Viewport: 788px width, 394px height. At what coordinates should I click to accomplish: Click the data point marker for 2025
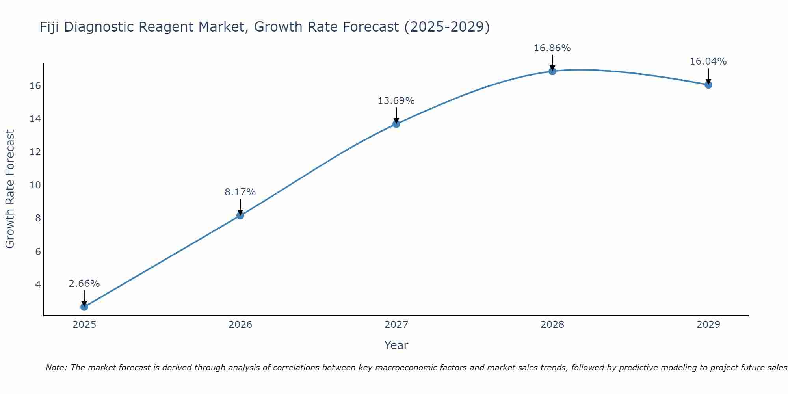tap(84, 307)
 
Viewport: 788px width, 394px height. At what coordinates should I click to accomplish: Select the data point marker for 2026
tap(240, 215)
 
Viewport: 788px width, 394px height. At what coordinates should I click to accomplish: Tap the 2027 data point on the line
tap(396, 124)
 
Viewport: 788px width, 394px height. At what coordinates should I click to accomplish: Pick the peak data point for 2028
tap(552, 71)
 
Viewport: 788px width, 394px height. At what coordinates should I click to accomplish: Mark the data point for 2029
tap(708, 85)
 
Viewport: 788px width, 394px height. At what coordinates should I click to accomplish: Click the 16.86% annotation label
tap(552, 48)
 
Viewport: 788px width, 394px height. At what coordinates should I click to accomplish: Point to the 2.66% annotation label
tap(84, 284)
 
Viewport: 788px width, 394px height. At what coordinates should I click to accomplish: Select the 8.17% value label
tap(240, 192)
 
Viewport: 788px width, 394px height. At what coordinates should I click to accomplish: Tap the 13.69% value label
tap(396, 101)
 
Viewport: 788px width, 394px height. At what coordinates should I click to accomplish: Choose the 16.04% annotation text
tap(708, 61)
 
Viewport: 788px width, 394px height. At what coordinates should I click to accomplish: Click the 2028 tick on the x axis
tap(552, 325)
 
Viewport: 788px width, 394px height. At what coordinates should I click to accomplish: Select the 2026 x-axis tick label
tap(240, 325)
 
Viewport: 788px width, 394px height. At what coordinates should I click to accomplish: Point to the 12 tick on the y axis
tap(35, 152)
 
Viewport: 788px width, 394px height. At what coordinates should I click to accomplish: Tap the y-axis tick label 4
tap(38, 284)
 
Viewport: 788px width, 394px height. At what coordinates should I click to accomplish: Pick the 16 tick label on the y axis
tap(35, 86)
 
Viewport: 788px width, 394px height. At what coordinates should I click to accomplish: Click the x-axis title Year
tap(396, 345)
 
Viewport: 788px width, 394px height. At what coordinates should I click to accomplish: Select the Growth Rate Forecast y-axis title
tap(10, 189)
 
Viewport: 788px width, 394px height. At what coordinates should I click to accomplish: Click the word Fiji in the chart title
tap(49, 27)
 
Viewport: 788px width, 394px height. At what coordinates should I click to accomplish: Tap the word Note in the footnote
tap(56, 368)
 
